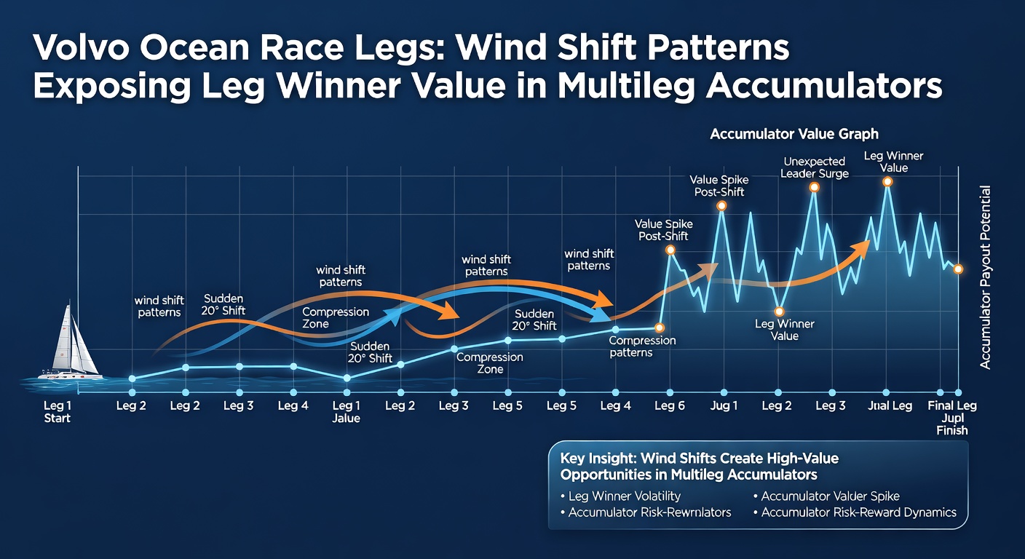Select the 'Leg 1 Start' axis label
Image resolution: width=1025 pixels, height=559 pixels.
tap(57, 412)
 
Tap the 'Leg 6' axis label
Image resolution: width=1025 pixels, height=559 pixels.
tap(669, 406)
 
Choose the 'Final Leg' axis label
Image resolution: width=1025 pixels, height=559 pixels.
tap(952, 406)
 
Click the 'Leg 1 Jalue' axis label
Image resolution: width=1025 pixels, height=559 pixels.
tap(347, 412)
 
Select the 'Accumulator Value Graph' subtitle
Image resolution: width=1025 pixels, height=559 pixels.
tap(794, 134)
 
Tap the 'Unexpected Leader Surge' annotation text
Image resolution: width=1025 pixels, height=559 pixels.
tap(814, 167)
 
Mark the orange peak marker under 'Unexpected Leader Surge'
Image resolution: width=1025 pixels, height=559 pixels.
tap(814, 187)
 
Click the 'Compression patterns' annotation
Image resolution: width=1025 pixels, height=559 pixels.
tap(642, 346)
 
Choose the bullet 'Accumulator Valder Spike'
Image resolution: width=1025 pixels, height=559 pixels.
tap(830, 496)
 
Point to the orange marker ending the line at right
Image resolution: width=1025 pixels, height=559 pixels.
tap(958, 269)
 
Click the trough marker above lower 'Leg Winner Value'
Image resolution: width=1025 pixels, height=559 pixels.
tap(780, 312)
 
